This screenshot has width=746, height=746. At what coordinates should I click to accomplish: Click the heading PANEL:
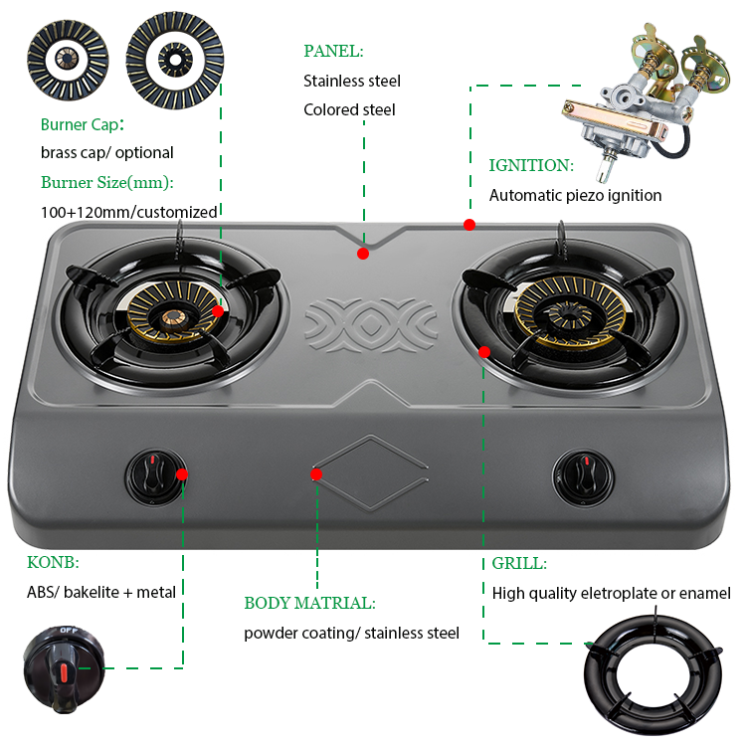tap(333, 51)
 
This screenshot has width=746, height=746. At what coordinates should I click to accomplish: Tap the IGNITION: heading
tap(531, 166)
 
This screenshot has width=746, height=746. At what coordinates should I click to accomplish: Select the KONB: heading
tap(53, 562)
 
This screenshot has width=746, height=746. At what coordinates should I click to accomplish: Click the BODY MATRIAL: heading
tap(309, 603)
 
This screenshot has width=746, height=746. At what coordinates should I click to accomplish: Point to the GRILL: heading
tap(519, 563)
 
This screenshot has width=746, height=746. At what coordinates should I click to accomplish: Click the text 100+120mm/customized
tap(128, 212)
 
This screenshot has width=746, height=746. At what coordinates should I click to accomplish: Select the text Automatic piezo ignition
tap(575, 196)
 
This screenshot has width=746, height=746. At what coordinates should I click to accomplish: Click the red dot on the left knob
tap(182, 474)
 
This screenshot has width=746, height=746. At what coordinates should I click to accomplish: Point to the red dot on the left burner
tap(217, 311)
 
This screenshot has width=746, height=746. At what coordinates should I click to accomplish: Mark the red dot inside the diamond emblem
tap(316, 474)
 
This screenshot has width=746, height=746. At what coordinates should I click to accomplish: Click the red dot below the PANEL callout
tap(363, 254)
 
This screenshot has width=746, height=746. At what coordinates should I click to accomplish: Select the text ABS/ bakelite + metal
tap(101, 592)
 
